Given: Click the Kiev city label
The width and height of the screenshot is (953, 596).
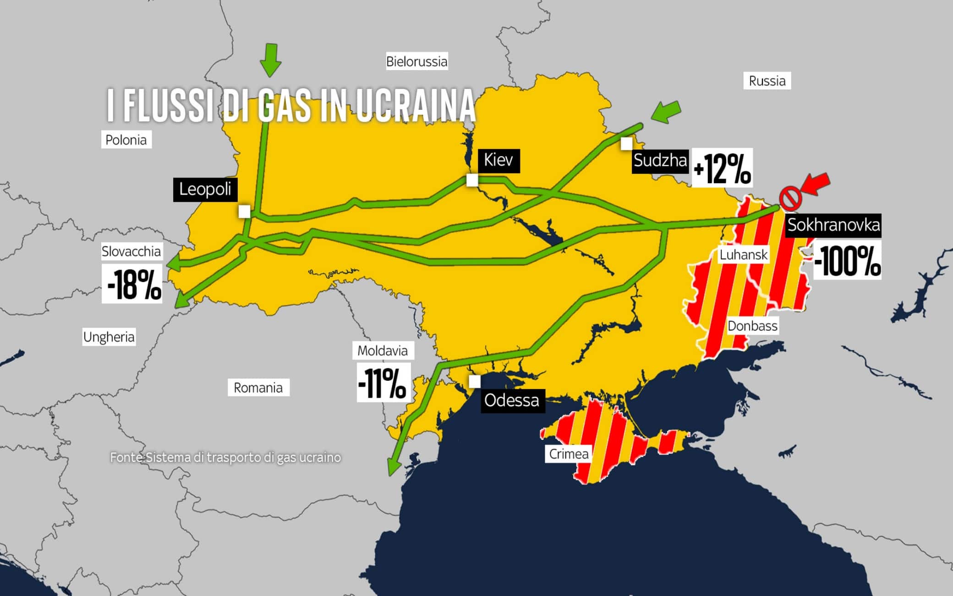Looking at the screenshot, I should tap(498, 161).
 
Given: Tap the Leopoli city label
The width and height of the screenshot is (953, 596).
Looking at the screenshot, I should tap(205, 190).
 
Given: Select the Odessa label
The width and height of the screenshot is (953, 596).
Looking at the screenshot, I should tap(512, 401).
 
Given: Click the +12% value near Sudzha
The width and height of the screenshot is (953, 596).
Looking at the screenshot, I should tap(722, 168).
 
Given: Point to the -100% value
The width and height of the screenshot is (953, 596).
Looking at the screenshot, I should tap(847, 261).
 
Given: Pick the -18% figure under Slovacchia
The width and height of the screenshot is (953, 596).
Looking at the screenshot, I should tap(132, 284).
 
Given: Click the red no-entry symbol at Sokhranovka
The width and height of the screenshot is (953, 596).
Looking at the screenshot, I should tap(791, 199).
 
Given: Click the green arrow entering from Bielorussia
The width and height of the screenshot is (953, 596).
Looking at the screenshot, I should tap(271, 60).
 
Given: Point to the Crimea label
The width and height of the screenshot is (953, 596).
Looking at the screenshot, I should tap(568, 454).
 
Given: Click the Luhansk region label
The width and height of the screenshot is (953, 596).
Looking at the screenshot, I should tap(743, 255).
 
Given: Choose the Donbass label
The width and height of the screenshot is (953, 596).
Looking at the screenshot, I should tap(752, 326).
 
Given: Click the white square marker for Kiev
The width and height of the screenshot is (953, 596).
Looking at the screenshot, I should tap(472, 180).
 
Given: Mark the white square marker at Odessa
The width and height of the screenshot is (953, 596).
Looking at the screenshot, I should tap(475, 381).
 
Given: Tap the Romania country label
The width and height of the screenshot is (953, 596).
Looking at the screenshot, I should tap(258, 388).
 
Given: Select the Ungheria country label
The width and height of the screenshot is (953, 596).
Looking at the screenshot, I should tap(109, 337).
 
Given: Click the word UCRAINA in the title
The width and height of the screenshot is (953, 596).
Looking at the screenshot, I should tap(415, 106).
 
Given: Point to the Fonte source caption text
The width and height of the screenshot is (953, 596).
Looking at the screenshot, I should tap(225, 457).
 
